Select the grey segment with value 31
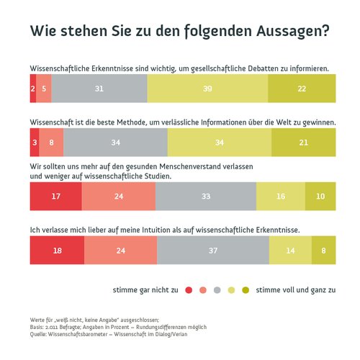(99, 89)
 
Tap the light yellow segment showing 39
(207, 89)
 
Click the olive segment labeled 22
(302, 89)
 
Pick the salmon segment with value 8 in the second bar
(51, 143)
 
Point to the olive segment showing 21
(303, 143)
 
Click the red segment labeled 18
(57, 250)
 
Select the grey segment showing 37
(212, 250)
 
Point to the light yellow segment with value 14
(290, 250)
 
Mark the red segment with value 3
(34, 143)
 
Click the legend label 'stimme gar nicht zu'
(145, 290)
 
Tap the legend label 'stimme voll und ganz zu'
(296, 290)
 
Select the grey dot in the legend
(217, 290)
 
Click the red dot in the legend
(189, 290)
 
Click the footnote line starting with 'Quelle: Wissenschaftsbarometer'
(108, 334)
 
